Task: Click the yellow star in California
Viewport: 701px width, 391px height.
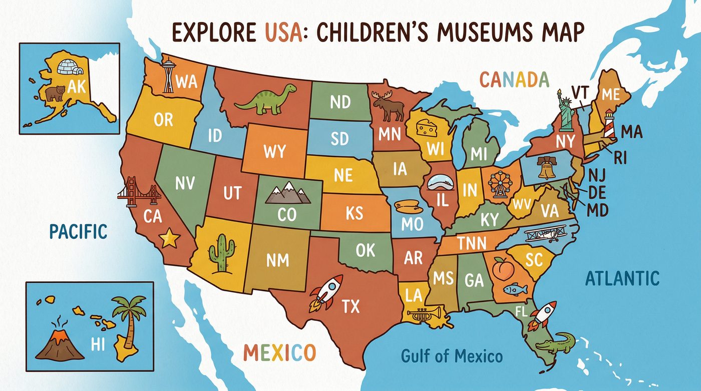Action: (170, 238)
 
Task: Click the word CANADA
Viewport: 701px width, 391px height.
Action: (514, 79)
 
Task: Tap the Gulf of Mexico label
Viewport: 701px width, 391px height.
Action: (452, 356)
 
